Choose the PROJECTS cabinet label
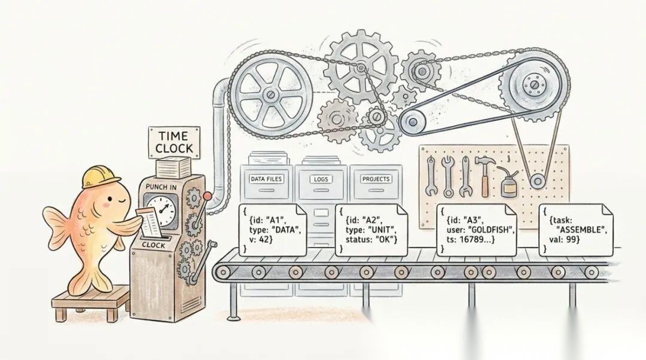(x=376, y=179)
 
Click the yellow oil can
(x=509, y=184)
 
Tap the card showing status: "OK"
(x=366, y=229)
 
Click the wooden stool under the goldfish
(x=90, y=303)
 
